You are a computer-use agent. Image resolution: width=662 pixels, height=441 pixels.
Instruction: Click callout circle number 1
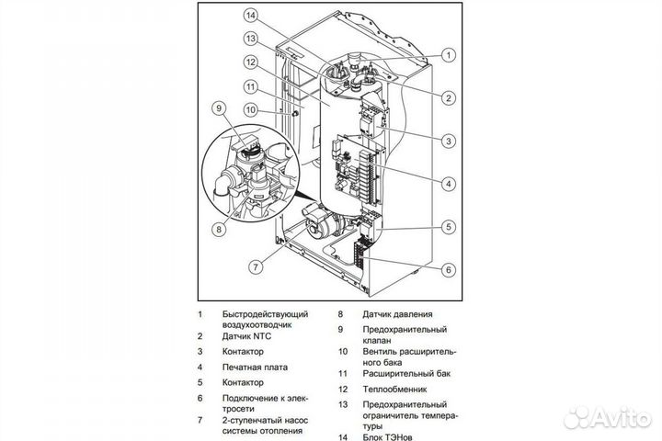coord(449,55)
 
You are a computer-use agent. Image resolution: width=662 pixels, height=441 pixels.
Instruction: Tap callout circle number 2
coord(449,97)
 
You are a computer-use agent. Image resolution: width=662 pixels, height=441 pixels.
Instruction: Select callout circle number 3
coord(449,141)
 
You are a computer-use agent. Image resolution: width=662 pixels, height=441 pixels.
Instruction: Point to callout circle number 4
coord(449,183)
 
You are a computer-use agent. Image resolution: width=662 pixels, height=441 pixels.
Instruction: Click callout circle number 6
coord(449,269)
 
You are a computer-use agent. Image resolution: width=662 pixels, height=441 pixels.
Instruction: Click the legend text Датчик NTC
coord(249,336)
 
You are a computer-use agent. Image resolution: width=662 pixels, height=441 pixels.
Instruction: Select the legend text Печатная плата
coord(255,367)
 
